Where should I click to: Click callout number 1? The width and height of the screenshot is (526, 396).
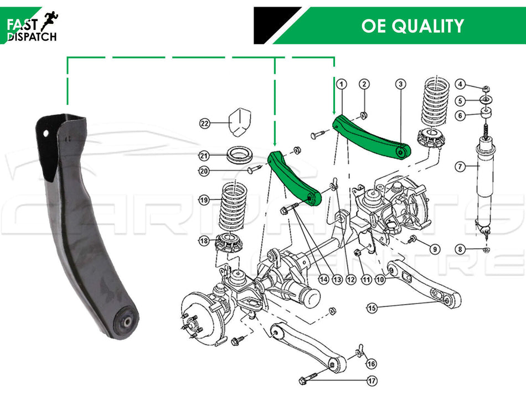click(x=342, y=84)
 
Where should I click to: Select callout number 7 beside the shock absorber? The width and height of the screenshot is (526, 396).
click(x=460, y=166)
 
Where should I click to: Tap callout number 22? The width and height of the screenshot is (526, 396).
click(x=205, y=124)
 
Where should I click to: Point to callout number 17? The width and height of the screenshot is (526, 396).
click(x=372, y=381)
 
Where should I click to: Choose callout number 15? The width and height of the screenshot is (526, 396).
click(x=372, y=308)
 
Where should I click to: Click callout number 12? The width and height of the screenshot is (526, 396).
click(x=351, y=279)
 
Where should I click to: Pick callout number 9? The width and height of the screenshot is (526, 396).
click(x=435, y=249)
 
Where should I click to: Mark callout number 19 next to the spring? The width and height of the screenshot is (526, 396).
click(x=204, y=200)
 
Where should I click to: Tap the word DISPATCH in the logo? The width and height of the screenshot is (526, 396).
click(x=32, y=37)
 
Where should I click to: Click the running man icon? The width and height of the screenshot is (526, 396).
click(x=49, y=21)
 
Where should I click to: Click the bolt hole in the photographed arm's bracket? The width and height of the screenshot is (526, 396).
click(x=45, y=134)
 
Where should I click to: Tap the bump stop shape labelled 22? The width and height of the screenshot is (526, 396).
click(x=240, y=122)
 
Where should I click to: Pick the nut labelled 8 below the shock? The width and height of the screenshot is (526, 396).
click(x=487, y=249)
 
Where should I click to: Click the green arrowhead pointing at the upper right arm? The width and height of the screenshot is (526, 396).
click(x=334, y=111)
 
